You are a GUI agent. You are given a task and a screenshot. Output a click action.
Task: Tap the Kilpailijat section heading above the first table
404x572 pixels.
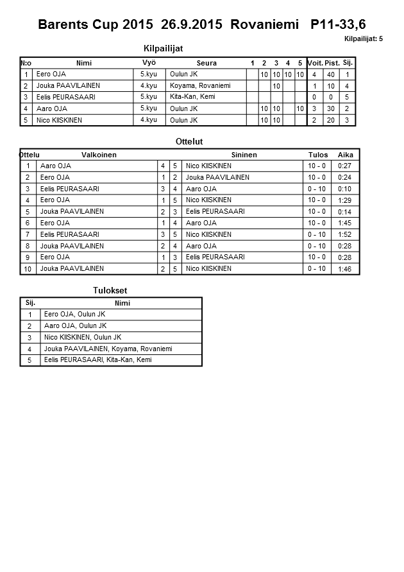tap(168, 48)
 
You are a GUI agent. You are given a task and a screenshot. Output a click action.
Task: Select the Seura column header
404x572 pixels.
tap(206, 63)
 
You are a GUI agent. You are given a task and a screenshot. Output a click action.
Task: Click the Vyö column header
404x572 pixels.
tap(149, 63)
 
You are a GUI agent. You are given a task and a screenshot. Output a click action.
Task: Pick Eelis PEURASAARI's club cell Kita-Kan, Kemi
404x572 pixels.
tap(192, 97)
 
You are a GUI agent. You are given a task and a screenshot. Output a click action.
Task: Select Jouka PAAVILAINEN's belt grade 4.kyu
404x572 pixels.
tap(149, 85)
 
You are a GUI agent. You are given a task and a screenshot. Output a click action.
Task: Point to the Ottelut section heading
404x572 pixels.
tap(189, 141)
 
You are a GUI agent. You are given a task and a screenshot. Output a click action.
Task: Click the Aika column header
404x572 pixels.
tap(346, 155)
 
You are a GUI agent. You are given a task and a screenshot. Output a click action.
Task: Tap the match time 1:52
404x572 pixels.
tap(345, 235)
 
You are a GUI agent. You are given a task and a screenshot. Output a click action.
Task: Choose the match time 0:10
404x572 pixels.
tap(345, 189)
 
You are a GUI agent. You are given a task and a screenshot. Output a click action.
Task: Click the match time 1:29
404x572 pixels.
tap(345, 200)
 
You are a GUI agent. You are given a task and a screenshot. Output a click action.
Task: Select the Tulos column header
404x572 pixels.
tap(318, 155)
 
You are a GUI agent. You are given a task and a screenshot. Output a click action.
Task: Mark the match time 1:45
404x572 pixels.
tap(345, 223)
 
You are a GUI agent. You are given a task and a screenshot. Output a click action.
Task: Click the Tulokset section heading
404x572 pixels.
tap(110, 291)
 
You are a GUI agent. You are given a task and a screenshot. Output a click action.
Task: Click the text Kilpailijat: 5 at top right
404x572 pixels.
tap(363, 39)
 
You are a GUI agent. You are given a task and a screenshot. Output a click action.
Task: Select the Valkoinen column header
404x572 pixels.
tap(99, 155)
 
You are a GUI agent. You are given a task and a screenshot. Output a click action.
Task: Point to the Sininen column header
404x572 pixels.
tap(244, 155)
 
